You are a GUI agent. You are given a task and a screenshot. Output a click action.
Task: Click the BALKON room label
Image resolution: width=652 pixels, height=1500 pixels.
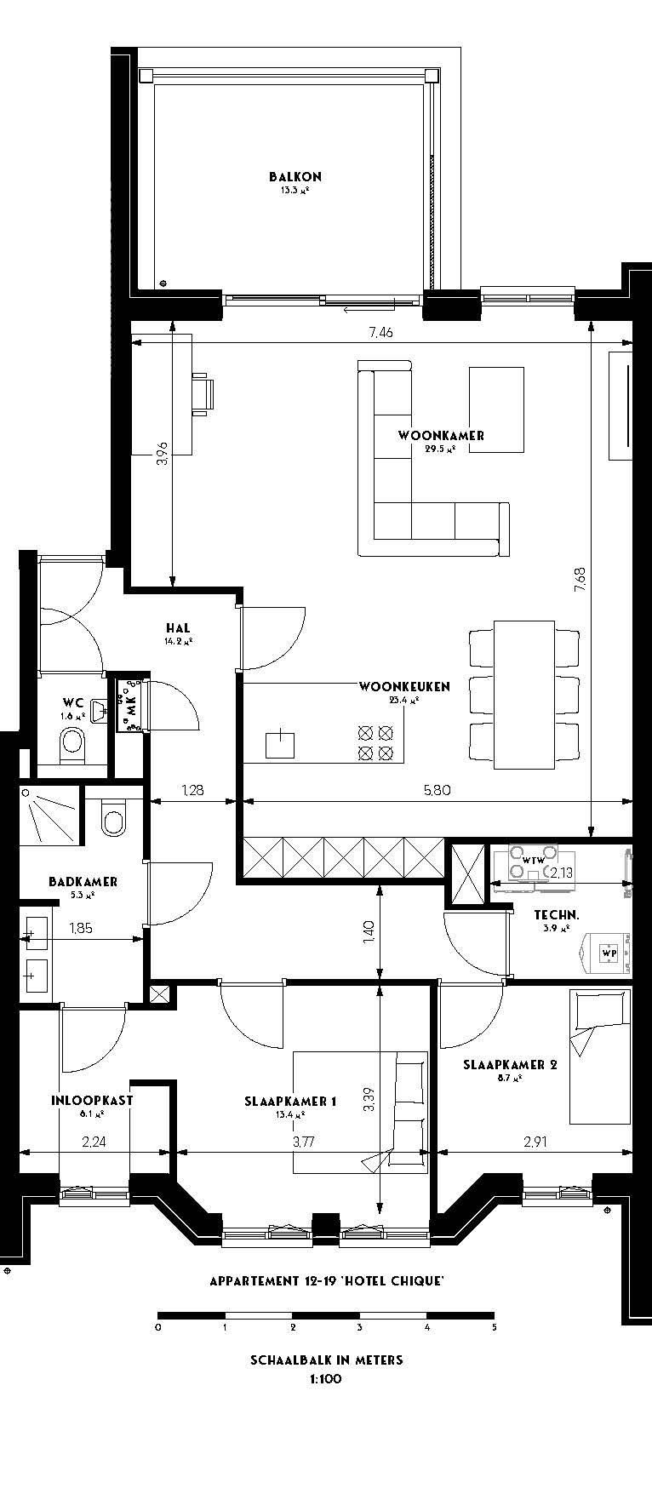coord(295,177)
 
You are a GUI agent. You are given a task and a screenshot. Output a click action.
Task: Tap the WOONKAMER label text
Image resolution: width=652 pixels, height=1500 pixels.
coord(441,436)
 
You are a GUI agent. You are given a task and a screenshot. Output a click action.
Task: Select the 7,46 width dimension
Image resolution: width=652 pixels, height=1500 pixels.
coord(380,333)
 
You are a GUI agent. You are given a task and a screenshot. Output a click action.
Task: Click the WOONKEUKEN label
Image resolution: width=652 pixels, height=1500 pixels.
coord(403,686)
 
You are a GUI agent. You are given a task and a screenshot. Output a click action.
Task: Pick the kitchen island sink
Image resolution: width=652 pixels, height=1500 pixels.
coord(279,744)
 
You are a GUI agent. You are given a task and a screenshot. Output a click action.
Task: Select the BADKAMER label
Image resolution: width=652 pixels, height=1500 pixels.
coord(83,882)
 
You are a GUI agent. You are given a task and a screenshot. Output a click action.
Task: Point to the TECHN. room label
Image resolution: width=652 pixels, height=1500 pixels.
coord(557,915)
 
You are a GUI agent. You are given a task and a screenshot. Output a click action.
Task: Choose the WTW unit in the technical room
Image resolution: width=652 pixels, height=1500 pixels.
coord(533,861)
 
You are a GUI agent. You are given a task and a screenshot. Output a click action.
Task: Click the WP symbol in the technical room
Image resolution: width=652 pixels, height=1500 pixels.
coord(609,953)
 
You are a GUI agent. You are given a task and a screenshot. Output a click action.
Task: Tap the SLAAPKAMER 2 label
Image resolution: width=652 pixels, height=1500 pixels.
coord(510,1064)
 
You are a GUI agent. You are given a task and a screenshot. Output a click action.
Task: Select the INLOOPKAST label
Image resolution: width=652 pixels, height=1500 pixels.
coord(92,1100)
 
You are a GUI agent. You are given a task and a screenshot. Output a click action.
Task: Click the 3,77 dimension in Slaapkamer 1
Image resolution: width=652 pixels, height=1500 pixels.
coord(303,1142)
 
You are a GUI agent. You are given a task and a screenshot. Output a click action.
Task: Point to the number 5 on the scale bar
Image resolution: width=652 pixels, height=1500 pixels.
coord(494,1327)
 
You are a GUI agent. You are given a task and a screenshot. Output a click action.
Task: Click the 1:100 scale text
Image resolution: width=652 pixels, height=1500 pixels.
coord(326,1379)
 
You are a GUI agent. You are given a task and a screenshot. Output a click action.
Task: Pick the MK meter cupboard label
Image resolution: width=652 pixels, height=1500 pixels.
coord(131,704)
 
